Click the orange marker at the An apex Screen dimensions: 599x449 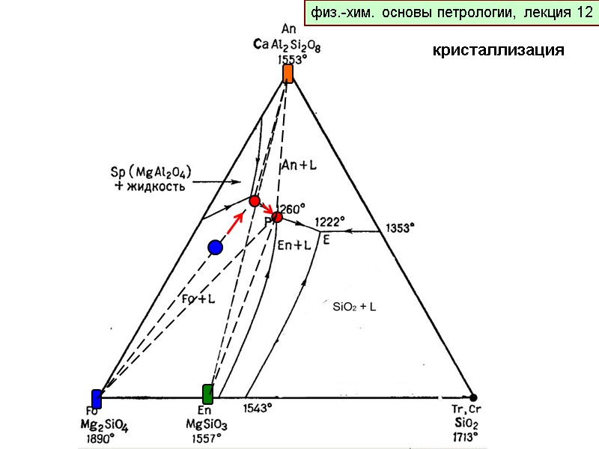(288, 73)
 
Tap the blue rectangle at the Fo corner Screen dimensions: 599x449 (97, 398)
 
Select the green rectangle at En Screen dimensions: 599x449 (208, 394)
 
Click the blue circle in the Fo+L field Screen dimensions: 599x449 (216, 247)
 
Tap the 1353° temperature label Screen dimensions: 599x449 (401, 229)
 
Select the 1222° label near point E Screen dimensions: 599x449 (329, 222)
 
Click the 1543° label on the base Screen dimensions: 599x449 (258, 408)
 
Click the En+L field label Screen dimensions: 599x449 (294, 244)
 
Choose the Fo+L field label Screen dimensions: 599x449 (198, 298)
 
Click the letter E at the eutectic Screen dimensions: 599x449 (326, 240)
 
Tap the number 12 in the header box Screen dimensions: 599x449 (585, 13)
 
